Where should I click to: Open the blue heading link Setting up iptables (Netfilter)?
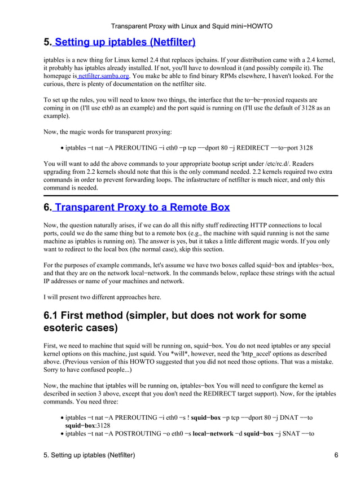125,42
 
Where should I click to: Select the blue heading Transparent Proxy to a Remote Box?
141,207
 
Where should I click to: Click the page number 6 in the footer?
336,455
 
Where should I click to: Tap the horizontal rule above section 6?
191,195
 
